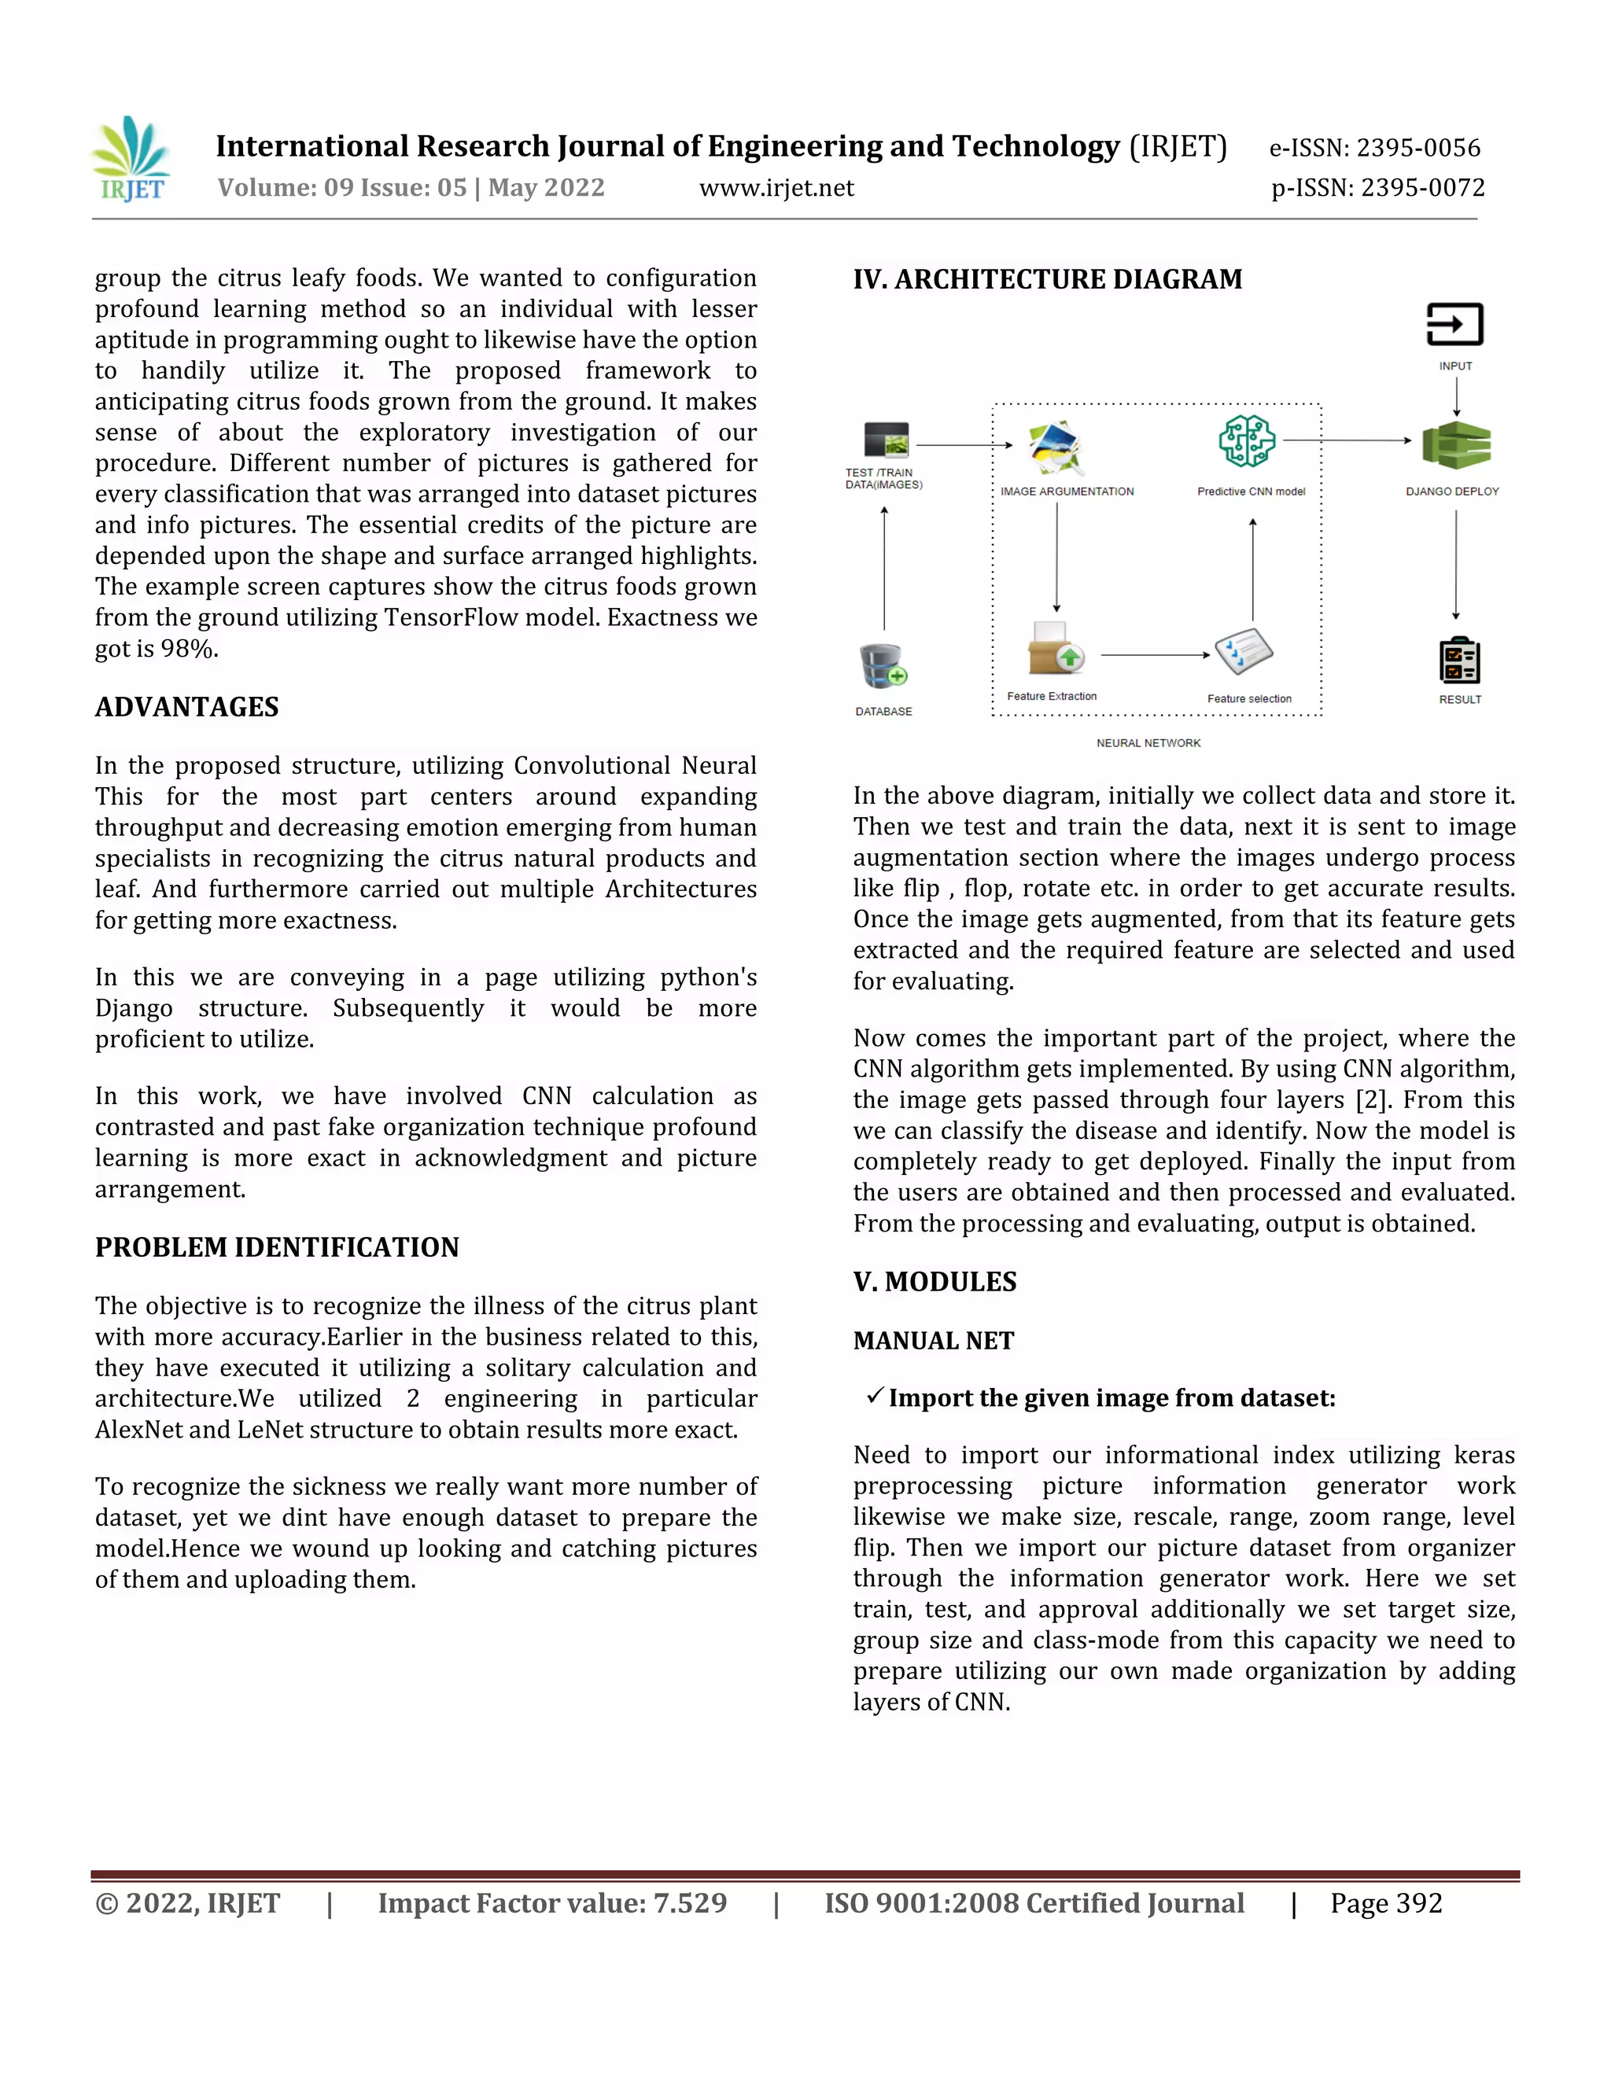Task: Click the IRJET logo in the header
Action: pos(131,160)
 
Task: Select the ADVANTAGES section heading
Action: pos(187,707)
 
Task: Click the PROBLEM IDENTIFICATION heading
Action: pos(277,1247)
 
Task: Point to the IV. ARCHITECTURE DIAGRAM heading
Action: pos(1047,280)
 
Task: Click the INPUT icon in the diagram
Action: pos(1454,326)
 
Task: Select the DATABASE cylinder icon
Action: pos(883,666)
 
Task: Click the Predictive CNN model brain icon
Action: pos(1247,441)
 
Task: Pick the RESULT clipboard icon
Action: pos(1458,661)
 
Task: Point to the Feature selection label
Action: pos(1248,698)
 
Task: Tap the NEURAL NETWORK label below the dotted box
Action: pos(1148,743)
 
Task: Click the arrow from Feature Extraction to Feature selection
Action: pos(1155,656)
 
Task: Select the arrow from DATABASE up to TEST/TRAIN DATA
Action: pos(885,568)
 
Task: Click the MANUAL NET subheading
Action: pos(934,1341)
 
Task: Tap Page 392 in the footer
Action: pos(1386,1905)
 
